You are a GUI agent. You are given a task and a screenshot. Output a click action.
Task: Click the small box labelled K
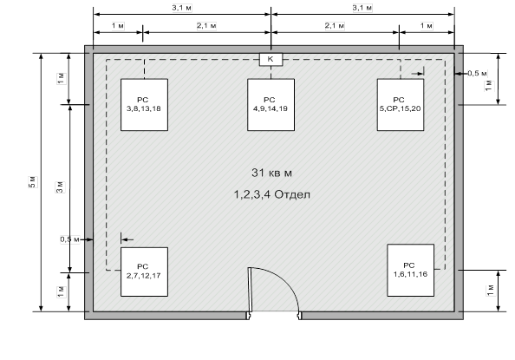pos(271,60)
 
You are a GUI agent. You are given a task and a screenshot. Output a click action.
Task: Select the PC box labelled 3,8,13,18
pos(144,105)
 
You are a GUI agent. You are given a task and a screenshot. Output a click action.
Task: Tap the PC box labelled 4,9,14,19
pos(271,105)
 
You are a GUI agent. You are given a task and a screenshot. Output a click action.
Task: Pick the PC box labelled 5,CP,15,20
pos(401,105)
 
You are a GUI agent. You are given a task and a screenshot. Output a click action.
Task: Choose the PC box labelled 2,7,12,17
pos(144,272)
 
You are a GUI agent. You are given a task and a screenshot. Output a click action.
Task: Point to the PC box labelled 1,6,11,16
pos(411,271)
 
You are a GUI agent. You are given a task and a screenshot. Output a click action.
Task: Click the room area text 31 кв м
pos(271,173)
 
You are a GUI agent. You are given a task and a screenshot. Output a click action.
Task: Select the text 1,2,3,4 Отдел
pos(271,194)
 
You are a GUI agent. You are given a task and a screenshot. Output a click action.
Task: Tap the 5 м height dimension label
pos(33,182)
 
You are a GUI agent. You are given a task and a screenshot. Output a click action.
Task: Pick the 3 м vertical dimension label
pos(60,187)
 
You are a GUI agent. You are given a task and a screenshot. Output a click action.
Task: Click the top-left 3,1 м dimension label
pos(181,8)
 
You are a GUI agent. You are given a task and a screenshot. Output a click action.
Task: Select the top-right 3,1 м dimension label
pos(362,8)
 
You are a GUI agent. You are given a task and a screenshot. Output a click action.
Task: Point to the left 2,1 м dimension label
pos(206,26)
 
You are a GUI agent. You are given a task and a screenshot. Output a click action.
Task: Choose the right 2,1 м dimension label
pos(335,26)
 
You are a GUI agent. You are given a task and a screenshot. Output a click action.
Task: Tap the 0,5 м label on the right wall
pos(477,74)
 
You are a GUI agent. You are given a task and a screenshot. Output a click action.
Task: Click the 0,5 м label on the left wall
pos(69,239)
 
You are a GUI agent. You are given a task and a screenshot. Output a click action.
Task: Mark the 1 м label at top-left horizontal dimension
pos(118,26)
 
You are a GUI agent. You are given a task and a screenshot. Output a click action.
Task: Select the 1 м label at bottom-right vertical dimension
pos(491,290)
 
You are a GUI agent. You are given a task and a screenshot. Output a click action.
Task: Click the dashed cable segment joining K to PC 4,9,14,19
pos(271,72)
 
